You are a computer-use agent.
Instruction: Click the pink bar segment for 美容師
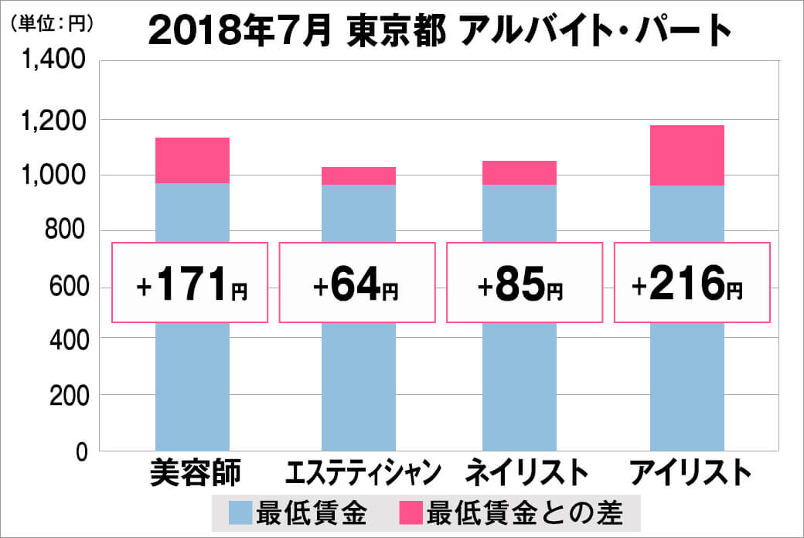(x=192, y=160)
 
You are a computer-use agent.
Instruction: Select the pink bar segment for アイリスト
(x=686, y=155)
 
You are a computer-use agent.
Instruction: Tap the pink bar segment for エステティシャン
(x=358, y=175)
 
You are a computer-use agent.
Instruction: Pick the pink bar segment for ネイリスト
(x=519, y=172)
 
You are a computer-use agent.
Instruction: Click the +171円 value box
(x=191, y=282)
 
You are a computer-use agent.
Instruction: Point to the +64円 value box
(x=356, y=282)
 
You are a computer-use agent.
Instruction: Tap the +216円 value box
(x=691, y=282)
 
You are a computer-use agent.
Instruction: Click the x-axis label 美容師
(x=196, y=472)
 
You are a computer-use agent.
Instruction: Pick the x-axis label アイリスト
(x=690, y=472)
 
